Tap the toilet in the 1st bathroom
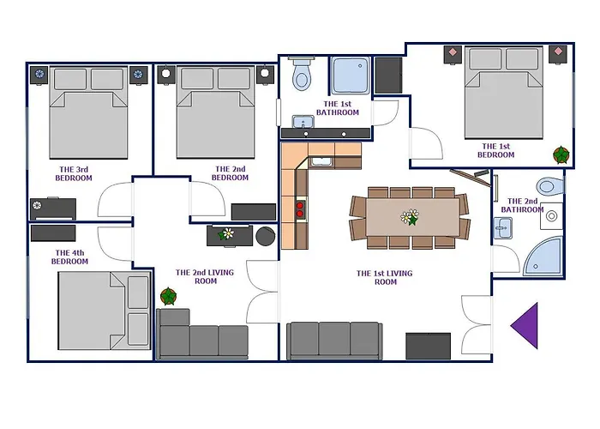(302, 74)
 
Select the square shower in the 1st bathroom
(350, 76)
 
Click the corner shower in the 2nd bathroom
(543, 256)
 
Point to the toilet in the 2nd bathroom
(550, 186)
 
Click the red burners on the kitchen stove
(300, 209)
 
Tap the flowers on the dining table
(410, 217)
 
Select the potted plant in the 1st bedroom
(561, 154)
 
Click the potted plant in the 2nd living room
(168, 296)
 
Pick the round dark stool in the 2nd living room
(266, 236)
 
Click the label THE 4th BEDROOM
(69, 257)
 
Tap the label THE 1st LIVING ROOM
(385, 277)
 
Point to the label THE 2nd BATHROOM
(522, 205)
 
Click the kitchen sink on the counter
(321, 161)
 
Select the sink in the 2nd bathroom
(503, 228)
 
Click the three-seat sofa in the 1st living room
(334, 341)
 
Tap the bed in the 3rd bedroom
(88, 112)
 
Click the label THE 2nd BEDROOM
(230, 173)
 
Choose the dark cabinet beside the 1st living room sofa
(429, 346)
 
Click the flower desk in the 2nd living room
(230, 236)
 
